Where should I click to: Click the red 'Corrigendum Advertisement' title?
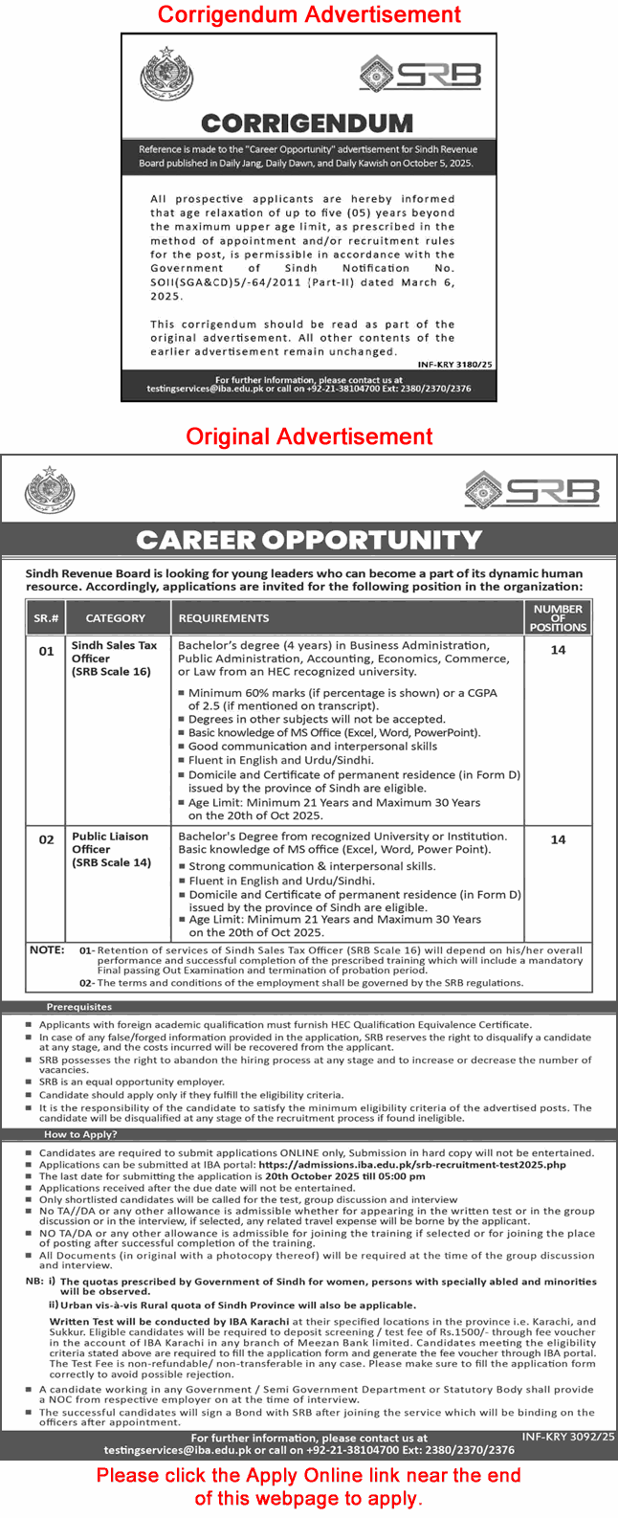pos(309,14)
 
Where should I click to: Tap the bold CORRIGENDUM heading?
pos(307,123)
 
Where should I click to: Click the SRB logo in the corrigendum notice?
pos(420,73)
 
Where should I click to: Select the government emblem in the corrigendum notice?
pos(167,75)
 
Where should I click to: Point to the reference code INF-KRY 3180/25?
pos(455,365)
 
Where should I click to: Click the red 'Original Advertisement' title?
pos(309,436)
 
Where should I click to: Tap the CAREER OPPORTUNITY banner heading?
pos(309,540)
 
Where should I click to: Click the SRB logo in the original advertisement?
pos(532,491)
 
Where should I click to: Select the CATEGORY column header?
pos(116,618)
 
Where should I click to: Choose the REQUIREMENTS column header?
pos(224,618)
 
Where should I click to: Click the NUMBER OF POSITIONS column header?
pos(558,617)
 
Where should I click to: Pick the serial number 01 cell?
pos(46,651)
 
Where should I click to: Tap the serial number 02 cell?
pos(46,839)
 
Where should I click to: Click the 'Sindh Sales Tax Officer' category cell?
pos(114,659)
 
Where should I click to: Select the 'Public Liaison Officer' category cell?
pos(111,849)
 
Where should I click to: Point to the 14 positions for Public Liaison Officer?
pos(558,839)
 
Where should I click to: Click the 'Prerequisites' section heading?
pos(79,1007)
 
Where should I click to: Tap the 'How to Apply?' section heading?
pos(80,1134)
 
